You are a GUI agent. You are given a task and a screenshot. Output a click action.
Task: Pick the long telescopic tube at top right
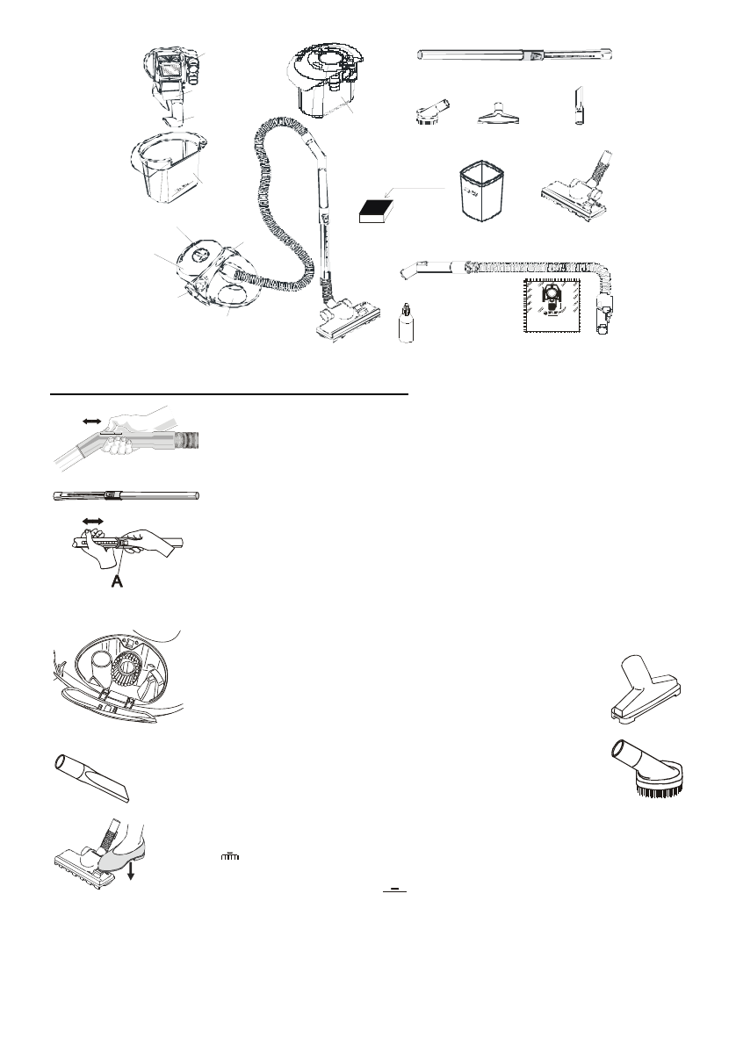[518, 55]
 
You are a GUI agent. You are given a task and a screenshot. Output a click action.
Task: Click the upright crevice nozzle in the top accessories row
[578, 107]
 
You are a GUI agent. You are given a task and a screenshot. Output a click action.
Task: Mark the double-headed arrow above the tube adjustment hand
[92, 522]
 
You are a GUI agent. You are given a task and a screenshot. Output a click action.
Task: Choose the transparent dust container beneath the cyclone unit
[169, 173]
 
